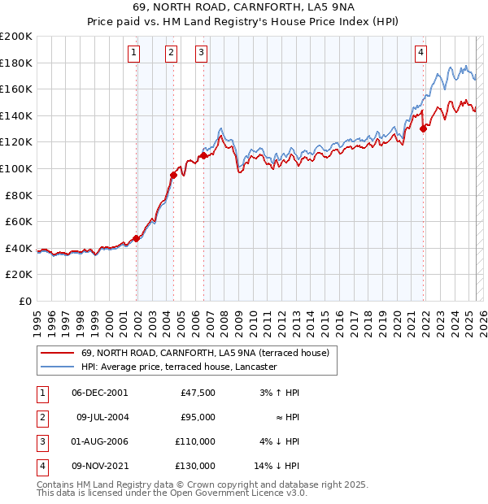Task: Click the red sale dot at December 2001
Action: click(137, 238)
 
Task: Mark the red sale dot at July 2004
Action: click(173, 175)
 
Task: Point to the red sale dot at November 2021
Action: click(424, 128)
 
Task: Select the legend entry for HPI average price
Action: click(179, 367)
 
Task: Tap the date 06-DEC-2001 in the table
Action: click(99, 393)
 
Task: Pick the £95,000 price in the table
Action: click(197, 417)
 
